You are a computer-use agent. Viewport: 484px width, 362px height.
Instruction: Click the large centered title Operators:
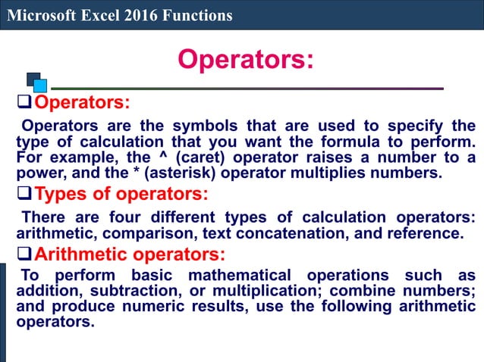click(x=244, y=60)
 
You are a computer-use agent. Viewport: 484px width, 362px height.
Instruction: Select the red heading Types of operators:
click(x=121, y=194)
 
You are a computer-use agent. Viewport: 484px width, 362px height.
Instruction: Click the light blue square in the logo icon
click(x=40, y=86)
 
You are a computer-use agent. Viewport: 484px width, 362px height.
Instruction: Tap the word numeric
click(x=151, y=307)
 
